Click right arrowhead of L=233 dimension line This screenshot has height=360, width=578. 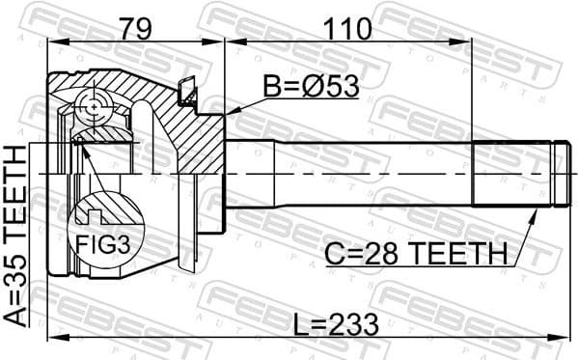[560, 336]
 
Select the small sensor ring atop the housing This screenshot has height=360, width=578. [188, 95]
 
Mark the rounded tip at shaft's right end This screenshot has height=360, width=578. [558, 175]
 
